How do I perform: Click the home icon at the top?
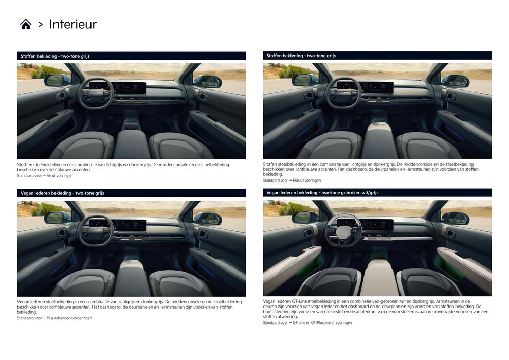pos(26,24)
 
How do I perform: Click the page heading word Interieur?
pos(72,24)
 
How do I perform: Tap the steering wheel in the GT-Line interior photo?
pos(343,230)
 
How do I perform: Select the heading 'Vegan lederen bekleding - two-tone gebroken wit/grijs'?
pos(322,193)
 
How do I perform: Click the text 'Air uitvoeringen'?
pos(60,176)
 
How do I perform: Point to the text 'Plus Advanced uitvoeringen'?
pos(69,318)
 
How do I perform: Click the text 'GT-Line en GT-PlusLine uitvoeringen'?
pos(322,323)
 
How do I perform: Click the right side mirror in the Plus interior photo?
pos(455,81)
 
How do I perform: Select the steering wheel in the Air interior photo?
pos(97,93)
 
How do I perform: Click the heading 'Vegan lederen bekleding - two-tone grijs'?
pos(62,193)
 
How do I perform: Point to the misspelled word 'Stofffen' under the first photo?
pos(25,165)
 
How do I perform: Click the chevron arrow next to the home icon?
pos(40,24)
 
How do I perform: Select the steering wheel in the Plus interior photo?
pos(343,93)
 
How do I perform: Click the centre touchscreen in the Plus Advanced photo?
pos(129,225)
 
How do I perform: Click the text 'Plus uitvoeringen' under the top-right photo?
pos(306,181)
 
